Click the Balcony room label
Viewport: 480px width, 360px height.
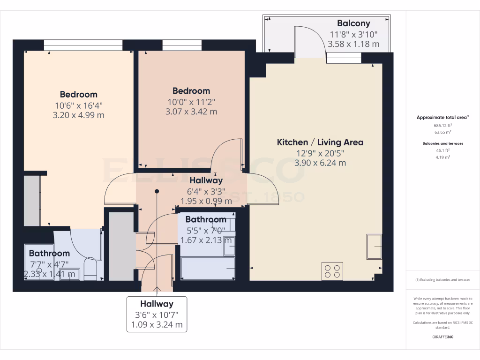353,23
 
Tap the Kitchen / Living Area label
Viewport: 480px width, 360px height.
320,142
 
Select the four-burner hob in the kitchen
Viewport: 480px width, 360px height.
332,271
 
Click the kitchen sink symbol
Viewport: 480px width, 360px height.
375,246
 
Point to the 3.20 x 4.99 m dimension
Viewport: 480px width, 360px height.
79,115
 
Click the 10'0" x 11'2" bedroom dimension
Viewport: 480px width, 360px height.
191,102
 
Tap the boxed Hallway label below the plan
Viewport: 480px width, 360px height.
157,304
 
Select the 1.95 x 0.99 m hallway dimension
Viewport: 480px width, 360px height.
206,201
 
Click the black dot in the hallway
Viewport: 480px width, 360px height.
157,191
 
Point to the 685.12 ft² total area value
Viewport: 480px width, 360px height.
442,126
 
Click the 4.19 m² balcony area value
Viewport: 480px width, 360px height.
442,157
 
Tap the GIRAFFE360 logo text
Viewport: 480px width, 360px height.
442,337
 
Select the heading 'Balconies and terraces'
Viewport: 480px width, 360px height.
442,143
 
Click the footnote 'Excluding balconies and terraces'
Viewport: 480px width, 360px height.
442,280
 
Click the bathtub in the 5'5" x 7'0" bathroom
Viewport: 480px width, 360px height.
208,268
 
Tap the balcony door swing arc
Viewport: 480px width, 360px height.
309,39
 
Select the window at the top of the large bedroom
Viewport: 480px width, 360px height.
83,45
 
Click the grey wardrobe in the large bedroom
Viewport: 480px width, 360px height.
31,201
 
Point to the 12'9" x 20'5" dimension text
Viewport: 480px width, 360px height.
320,153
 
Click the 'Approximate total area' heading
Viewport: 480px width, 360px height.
442,118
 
